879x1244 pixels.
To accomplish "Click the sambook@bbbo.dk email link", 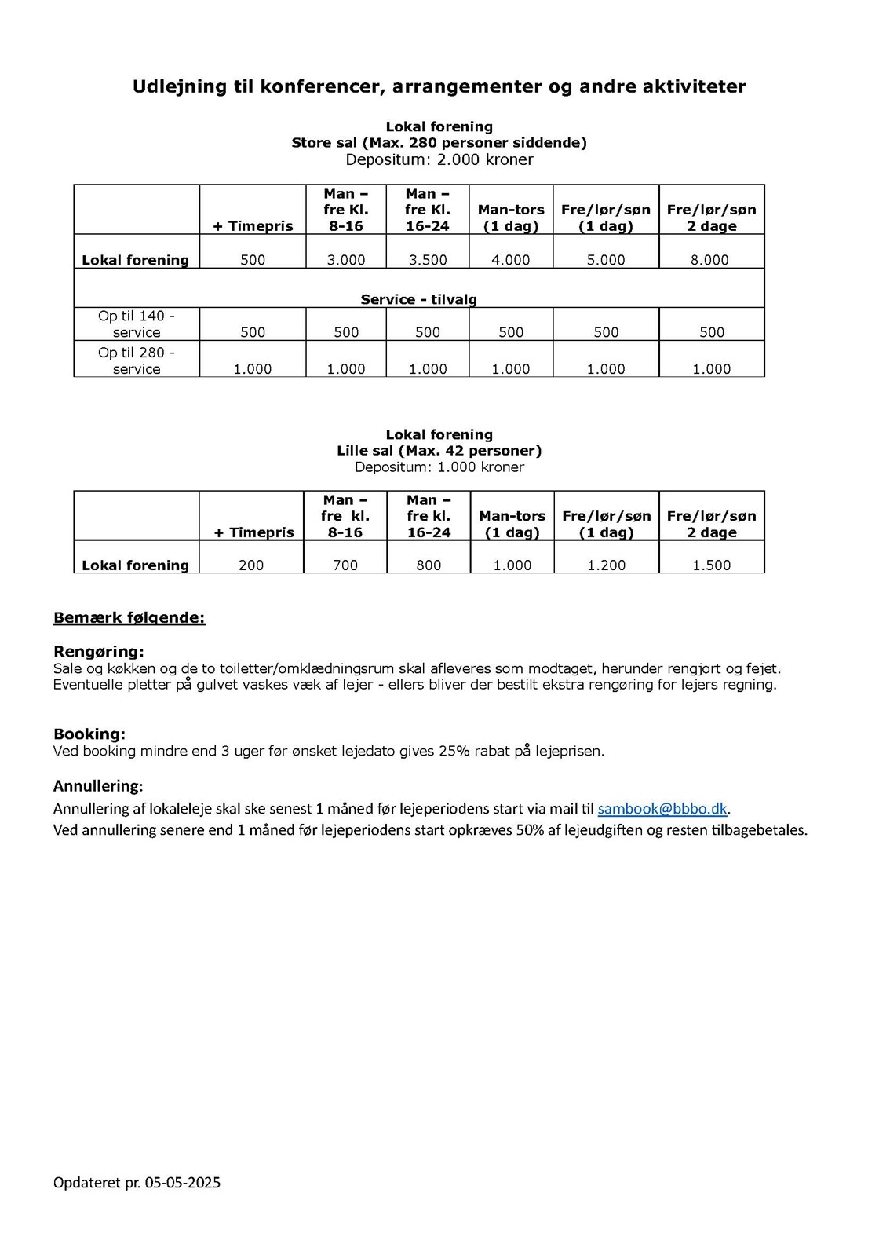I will point(662,808).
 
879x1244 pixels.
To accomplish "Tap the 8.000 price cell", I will point(709,260).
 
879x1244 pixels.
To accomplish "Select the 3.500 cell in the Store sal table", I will point(428,260).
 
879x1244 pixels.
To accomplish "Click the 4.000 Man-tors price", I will point(511,260).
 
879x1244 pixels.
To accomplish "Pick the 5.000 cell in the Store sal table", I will point(606,260).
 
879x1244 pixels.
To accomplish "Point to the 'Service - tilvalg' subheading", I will point(418,299).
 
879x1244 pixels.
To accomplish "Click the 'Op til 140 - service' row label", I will point(137,324).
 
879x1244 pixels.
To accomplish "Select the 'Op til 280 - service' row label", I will point(137,360).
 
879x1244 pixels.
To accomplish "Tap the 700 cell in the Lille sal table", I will point(345,565).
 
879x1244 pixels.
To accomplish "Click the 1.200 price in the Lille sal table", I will point(607,565).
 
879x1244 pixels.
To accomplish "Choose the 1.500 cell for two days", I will point(712,565).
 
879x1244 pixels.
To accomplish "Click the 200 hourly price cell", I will point(251,565).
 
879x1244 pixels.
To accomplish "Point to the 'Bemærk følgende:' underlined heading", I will point(129,618).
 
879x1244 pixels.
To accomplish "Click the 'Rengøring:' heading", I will point(99,652).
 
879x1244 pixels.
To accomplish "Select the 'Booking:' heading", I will point(89,734).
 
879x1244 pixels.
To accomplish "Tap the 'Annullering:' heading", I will point(98,786).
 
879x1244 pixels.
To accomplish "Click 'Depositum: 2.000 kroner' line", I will point(439,160).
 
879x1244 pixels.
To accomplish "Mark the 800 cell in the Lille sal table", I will point(429,565).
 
